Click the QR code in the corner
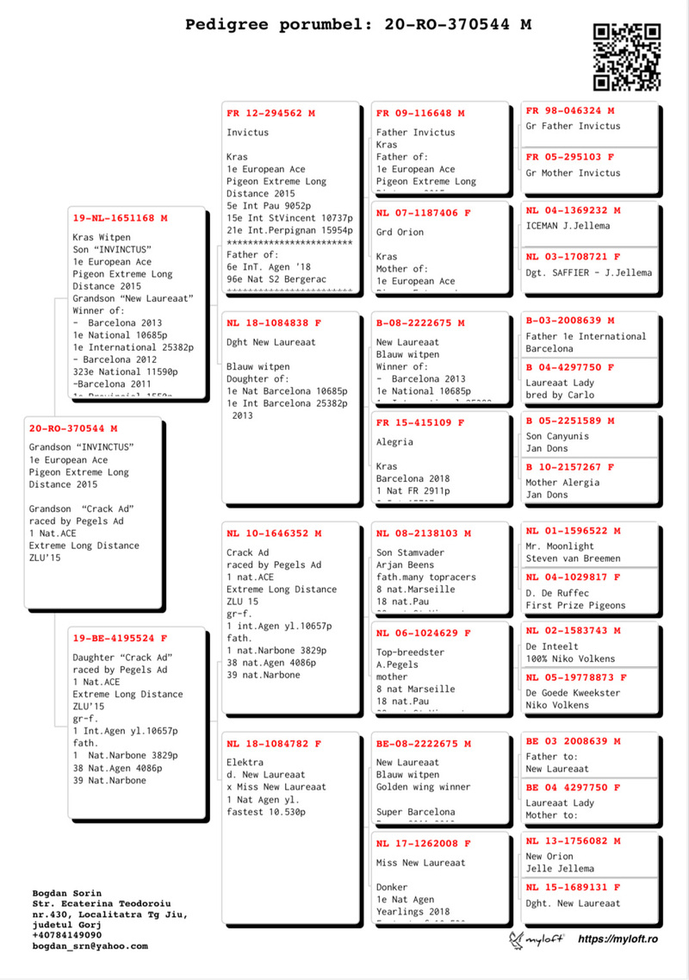coord(627,56)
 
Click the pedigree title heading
coord(358,24)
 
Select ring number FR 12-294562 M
coord(270,113)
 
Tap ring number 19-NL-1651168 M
coord(120,218)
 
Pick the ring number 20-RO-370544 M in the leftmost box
coord(73,428)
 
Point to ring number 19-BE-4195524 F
coord(120,639)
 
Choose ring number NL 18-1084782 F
coord(274,744)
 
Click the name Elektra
coord(245,763)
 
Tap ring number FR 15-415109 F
coord(420,423)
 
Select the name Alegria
coord(394,442)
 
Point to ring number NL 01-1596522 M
coord(573,531)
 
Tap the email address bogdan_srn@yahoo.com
coord(90,946)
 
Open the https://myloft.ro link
coord(618,939)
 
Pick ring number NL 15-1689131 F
coord(573,887)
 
